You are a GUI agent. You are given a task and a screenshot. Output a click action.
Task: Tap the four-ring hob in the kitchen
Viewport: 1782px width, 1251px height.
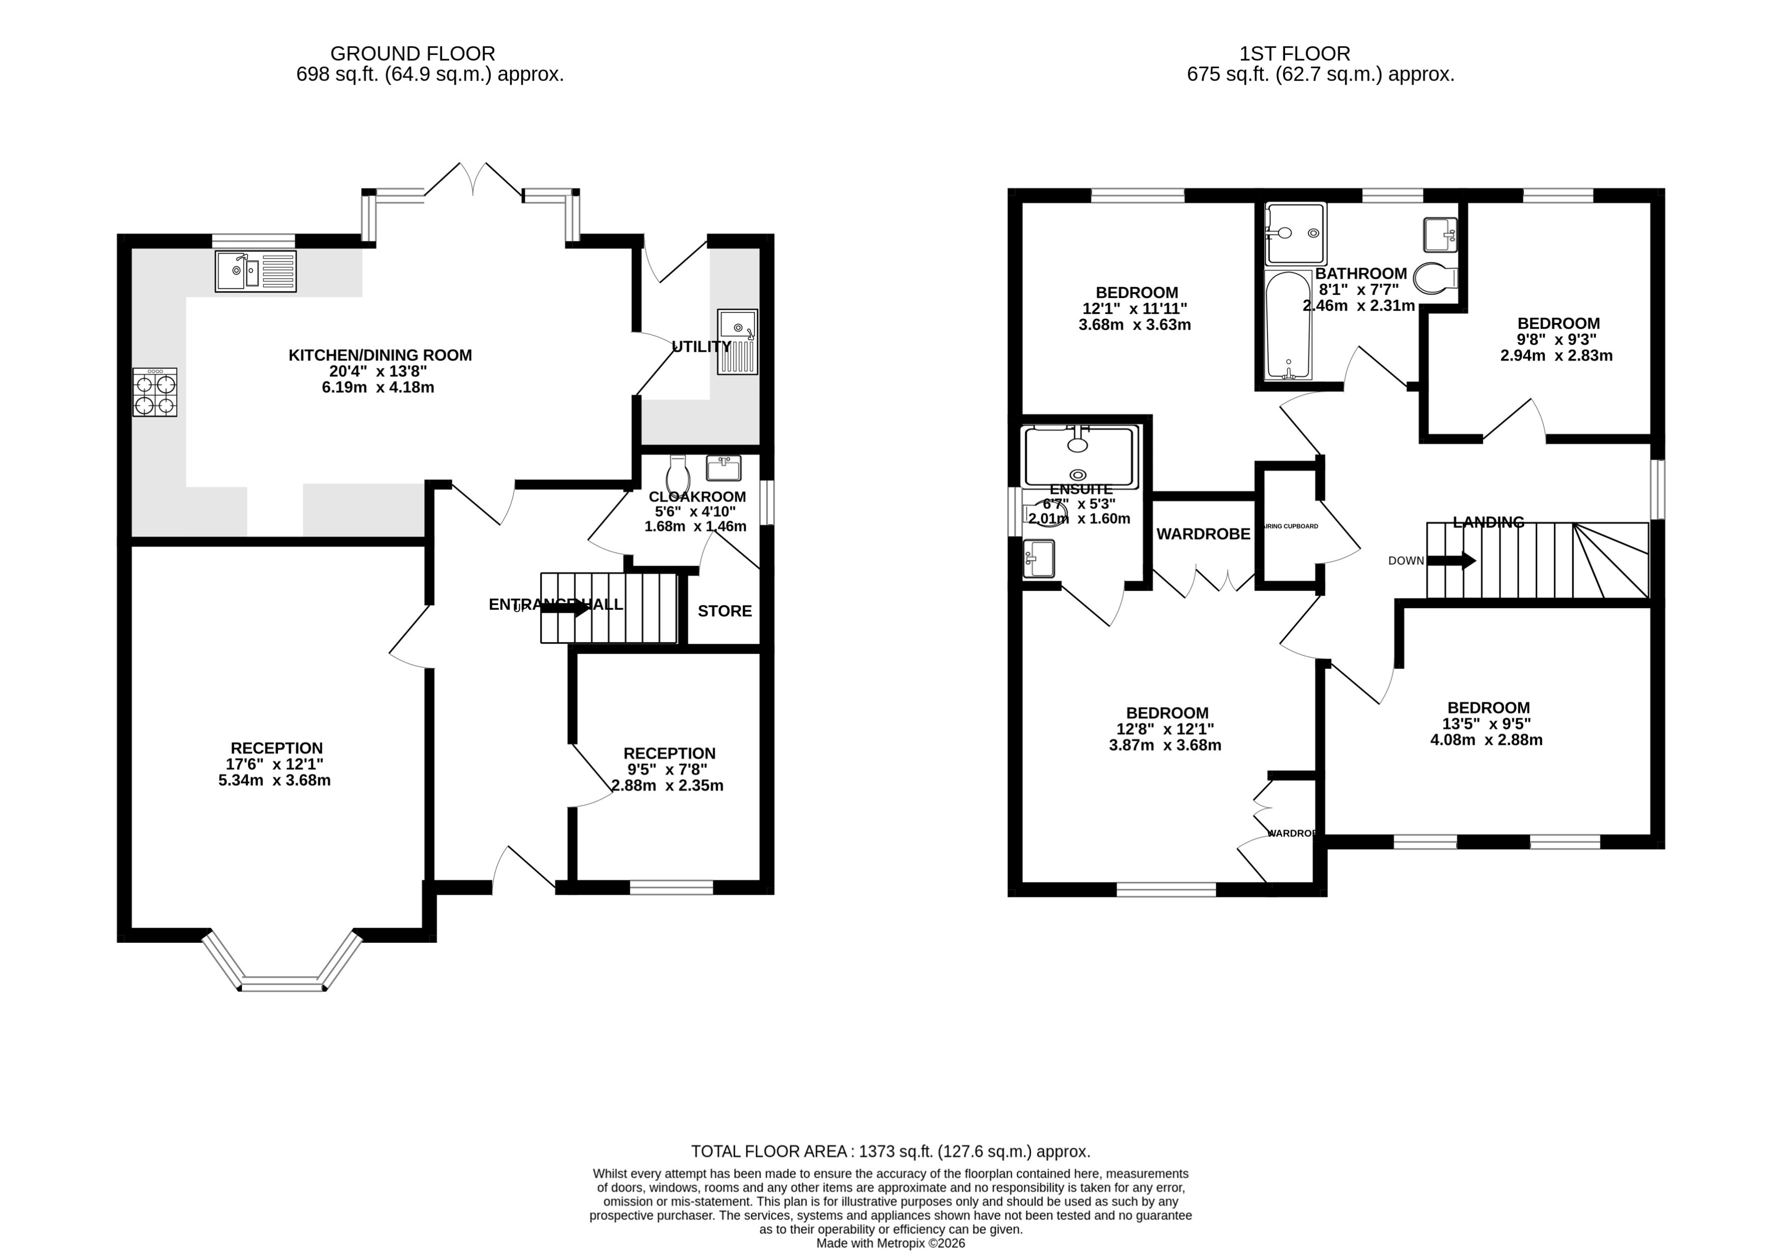155,393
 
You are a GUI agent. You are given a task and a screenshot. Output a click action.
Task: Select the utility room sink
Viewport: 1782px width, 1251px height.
737,342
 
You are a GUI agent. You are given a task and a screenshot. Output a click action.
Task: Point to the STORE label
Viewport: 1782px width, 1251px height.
724,611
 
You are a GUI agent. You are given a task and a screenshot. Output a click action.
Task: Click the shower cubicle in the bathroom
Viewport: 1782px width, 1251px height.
1295,233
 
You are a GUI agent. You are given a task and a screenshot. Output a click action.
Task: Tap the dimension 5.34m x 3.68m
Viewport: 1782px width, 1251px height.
275,780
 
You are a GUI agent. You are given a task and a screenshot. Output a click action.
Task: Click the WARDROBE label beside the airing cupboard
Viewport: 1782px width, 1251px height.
1203,534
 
